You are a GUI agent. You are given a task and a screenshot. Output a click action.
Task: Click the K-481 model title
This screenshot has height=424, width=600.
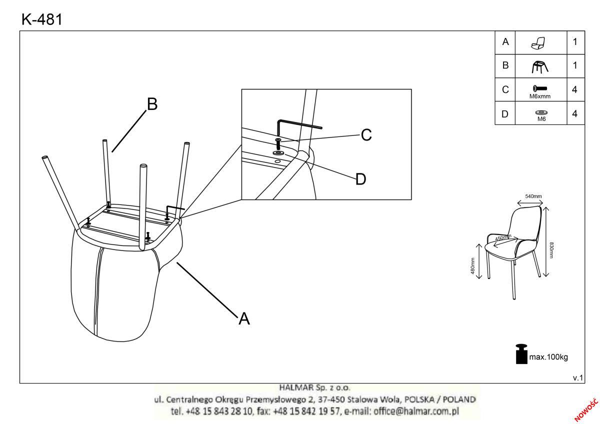[42, 19]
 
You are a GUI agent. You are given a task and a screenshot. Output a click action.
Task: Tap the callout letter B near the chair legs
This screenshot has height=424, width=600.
[152, 104]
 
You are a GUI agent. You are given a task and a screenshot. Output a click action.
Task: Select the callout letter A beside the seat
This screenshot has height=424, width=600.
[244, 318]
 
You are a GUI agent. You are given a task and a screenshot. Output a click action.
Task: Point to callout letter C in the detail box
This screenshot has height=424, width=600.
[366, 134]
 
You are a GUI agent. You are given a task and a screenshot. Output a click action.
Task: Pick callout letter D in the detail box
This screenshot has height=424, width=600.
[360, 179]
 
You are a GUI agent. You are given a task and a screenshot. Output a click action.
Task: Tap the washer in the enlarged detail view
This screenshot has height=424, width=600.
[279, 153]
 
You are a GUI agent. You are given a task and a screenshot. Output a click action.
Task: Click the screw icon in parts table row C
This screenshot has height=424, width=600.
[540, 88]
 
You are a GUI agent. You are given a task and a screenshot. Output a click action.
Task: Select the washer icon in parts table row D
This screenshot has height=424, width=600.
[541, 113]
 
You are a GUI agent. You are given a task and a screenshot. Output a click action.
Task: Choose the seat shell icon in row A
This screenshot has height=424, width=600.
[538, 43]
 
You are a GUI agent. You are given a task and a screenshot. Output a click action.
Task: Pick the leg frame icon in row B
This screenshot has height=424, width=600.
[539, 66]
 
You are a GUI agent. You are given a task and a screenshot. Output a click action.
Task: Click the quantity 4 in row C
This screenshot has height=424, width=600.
[574, 89]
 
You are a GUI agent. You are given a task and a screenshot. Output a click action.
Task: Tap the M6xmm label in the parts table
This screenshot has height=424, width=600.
[540, 96]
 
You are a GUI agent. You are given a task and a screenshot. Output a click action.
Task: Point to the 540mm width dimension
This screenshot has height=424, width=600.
[533, 196]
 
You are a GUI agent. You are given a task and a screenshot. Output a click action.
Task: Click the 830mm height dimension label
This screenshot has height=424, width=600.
[551, 250]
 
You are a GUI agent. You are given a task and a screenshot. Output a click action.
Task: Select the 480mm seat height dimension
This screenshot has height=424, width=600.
[473, 266]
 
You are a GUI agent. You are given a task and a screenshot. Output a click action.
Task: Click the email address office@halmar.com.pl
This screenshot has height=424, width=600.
[416, 411]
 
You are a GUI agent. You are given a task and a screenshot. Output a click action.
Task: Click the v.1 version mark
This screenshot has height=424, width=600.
[578, 378]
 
